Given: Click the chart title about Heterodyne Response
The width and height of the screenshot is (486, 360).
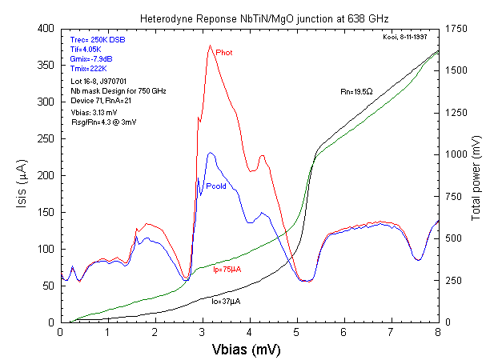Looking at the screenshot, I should point(249,17).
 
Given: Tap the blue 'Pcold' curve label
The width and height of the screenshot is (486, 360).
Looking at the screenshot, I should point(216,186).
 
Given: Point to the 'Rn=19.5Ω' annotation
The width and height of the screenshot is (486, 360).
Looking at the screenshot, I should point(356,91).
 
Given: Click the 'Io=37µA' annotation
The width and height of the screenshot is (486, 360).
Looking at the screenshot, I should point(226,301).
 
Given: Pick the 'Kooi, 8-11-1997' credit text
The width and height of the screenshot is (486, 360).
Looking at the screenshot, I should point(408,37).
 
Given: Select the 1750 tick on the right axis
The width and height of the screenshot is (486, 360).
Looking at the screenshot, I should point(454,29).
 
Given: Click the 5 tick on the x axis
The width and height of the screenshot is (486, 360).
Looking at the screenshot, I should point(297,330).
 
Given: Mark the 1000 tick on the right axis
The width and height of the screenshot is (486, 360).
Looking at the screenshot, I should point(454,154).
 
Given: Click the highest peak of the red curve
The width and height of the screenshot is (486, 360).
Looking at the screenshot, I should point(210,46).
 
